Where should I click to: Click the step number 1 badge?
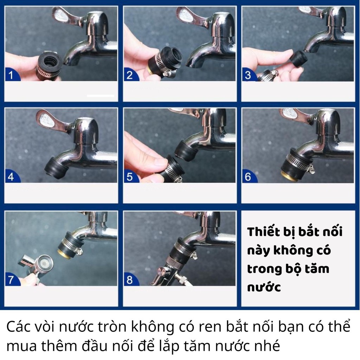(x=11, y=75)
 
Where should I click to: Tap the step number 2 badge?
(x=130, y=75)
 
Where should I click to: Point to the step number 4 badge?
(x=11, y=177)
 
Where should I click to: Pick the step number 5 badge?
(x=130, y=177)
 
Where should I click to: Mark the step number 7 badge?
(x=11, y=280)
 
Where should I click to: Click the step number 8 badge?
(x=130, y=280)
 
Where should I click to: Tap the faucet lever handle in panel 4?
(x=47, y=119)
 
